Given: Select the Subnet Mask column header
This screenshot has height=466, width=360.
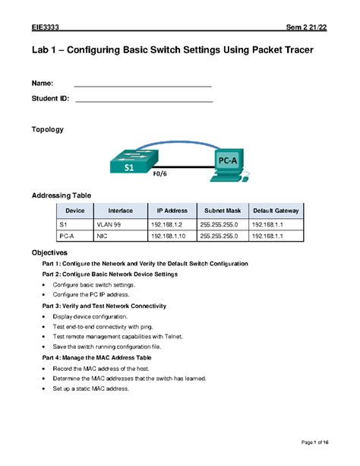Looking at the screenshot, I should (x=221, y=210).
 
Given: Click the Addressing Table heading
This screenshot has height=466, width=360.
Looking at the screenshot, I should (x=61, y=195).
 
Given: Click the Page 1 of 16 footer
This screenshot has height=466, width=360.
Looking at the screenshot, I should (x=314, y=442).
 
